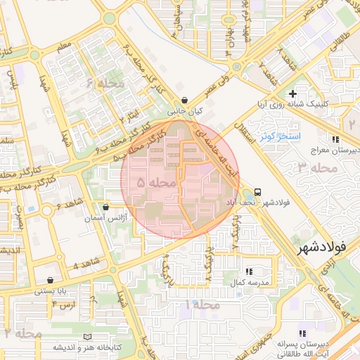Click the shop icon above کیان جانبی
click(x=184, y=101)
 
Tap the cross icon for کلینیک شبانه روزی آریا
click(x=292, y=94)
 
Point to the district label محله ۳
click(x=314, y=167)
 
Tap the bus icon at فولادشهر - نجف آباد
click(x=258, y=191)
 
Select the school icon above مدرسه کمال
click(x=249, y=271)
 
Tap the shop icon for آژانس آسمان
click(x=105, y=207)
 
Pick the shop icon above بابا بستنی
click(x=49, y=279)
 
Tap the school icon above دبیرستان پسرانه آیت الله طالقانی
click(x=302, y=333)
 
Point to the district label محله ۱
click(x=201, y=306)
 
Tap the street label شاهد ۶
click(x=71, y=206)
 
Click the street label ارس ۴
click(x=63, y=304)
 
